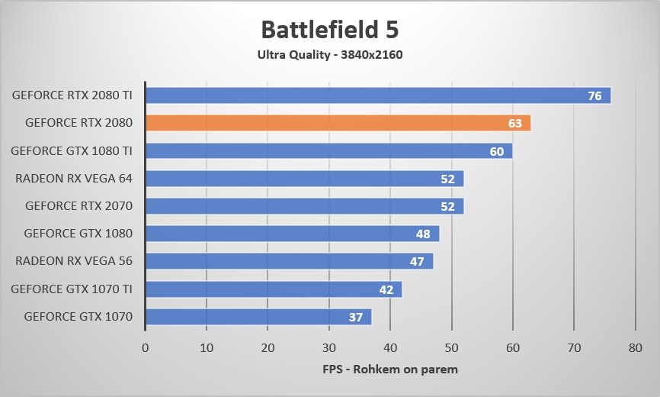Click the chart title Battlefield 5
click(x=329, y=29)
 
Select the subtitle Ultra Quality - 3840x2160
click(x=329, y=54)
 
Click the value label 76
click(x=594, y=96)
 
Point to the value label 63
click(x=515, y=124)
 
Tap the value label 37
click(x=356, y=317)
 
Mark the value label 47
click(x=417, y=262)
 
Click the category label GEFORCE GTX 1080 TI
click(x=72, y=151)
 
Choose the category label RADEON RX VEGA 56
click(x=74, y=261)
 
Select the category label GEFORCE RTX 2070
click(x=78, y=206)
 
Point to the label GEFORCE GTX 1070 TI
click(x=72, y=289)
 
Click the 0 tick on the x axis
click(x=145, y=347)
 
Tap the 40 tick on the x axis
click(x=390, y=347)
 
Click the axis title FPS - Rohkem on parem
click(x=389, y=370)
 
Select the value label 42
click(x=386, y=289)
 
